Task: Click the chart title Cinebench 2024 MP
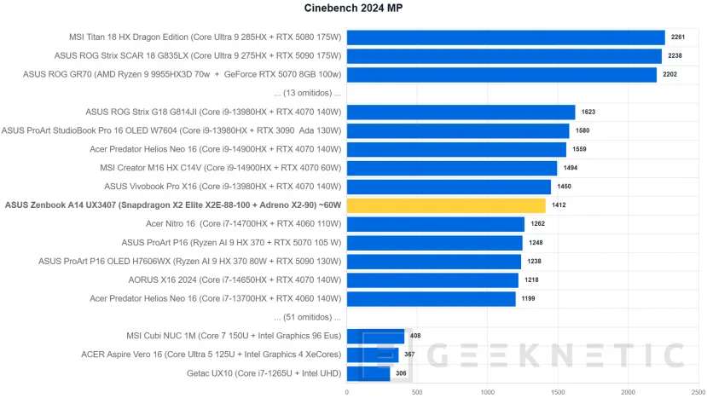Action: click(x=353, y=9)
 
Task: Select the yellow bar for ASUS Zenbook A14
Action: click(x=446, y=205)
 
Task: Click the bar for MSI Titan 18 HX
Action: click(x=506, y=37)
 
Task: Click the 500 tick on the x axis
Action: click(x=417, y=392)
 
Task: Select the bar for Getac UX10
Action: click(x=368, y=373)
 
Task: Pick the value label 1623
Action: click(x=588, y=112)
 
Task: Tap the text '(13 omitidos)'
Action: click(x=307, y=93)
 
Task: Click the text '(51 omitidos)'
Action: click(x=307, y=317)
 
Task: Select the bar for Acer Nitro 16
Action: click(x=436, y=224)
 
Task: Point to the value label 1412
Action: click(x=559, y=205)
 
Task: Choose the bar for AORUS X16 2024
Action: click(x=432, y=280)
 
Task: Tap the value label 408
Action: click(x=415, y=336)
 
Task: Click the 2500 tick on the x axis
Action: click(x=698, y=392)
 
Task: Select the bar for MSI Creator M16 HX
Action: click(x=452, y=168)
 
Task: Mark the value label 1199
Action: click(x=529, y=298)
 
